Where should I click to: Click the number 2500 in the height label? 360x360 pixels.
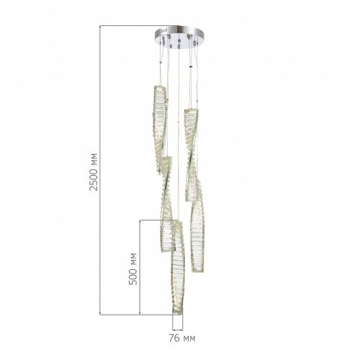point(94,177)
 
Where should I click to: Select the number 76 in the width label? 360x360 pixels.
point(174,338)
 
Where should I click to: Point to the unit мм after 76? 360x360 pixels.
point(189,339)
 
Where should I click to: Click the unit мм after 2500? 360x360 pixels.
point(94,157)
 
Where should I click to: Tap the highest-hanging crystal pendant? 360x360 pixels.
point(159,129)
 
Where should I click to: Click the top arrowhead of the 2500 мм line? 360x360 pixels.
point(100,27)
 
